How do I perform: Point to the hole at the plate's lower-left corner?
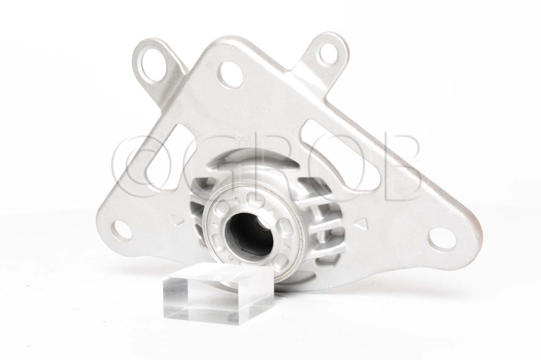coord(121,230)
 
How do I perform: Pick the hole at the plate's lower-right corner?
coord(441,239)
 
